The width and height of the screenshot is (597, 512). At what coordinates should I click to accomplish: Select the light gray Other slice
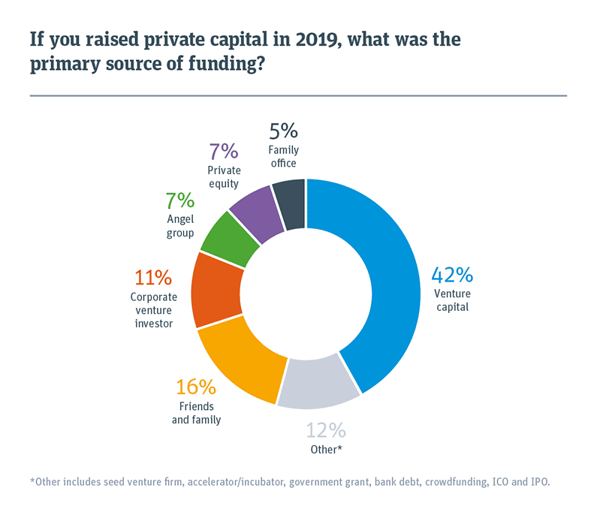315,383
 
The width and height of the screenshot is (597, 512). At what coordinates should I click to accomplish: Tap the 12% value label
325,430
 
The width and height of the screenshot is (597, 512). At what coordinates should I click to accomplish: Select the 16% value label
196,387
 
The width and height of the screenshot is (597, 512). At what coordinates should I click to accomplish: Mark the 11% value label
152,277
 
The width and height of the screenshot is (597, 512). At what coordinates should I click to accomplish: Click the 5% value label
284,131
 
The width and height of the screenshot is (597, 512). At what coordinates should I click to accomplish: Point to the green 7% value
180,200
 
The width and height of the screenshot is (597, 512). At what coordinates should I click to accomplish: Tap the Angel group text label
180,226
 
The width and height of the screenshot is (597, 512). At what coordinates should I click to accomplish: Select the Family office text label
284,157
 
